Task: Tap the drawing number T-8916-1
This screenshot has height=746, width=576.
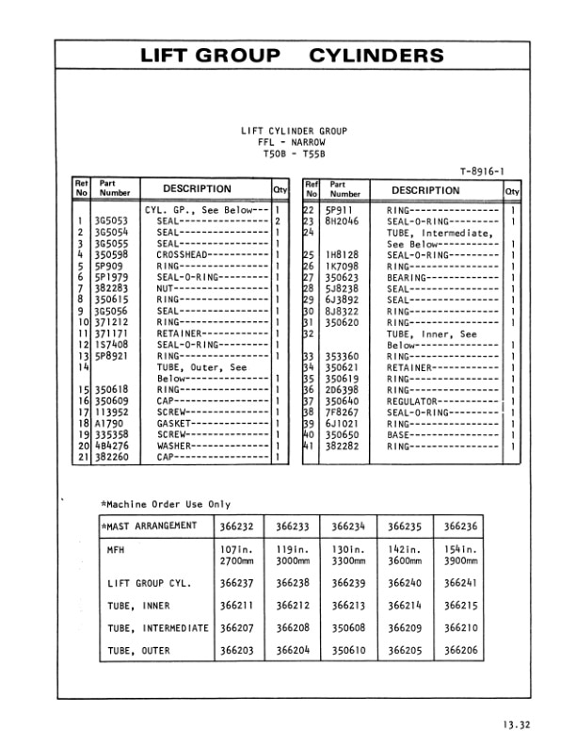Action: [x=484, y=170]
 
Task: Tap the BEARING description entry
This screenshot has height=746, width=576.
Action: [x=408, y=277]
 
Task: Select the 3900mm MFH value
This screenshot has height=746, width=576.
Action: [x=460, y=559]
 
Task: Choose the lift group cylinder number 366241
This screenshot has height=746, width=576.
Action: [x=460, y=583]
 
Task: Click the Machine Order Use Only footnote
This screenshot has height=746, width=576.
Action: [x=165, y=504]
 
